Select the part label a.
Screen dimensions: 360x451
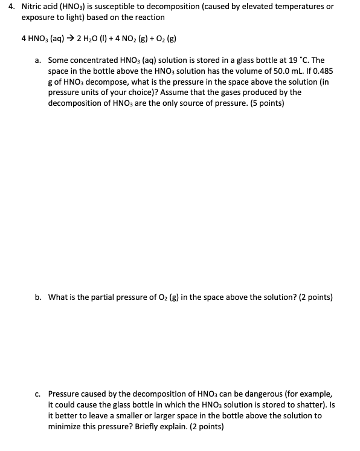pos(38,60)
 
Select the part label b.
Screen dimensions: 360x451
pos(38,297)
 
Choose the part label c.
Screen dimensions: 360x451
pos(38,393)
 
